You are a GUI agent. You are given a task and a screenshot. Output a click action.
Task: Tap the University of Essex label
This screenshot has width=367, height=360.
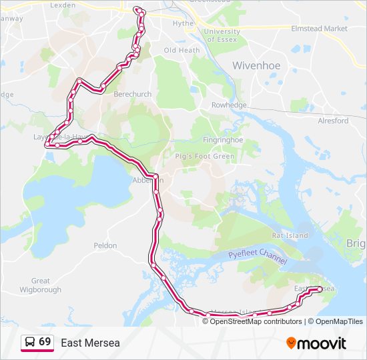click(x=222, y=35)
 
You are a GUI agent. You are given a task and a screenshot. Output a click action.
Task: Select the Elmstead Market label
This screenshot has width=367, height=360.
click(x=319, y=29)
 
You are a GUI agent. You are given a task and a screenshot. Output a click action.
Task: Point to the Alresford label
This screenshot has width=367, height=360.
click(x=333, y=121)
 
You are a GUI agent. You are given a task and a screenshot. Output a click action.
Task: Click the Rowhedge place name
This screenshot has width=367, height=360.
click(x=229, y=105)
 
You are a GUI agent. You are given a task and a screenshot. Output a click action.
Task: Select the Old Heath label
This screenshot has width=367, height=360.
click(x=181, y=50)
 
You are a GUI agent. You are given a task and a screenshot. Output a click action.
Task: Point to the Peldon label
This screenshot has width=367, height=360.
click(x=105, y=245)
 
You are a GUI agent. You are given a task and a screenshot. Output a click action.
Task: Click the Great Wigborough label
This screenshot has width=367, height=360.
click(x=46, y=285)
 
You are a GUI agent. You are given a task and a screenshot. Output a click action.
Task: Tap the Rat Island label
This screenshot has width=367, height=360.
click(x=290, y=235)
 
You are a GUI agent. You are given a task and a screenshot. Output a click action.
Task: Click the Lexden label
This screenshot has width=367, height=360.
click(x=63, y=5)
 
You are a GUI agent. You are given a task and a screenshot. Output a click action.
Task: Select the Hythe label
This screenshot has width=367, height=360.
click(x=183, y=23)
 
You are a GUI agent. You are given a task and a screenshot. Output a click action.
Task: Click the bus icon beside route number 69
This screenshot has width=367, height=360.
click(x=30, y=343)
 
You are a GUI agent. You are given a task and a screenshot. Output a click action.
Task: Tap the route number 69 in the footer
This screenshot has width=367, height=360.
click(x=45, y=342)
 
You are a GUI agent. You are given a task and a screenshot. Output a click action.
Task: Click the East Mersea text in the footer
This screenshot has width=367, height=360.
click(x=91, y=343)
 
